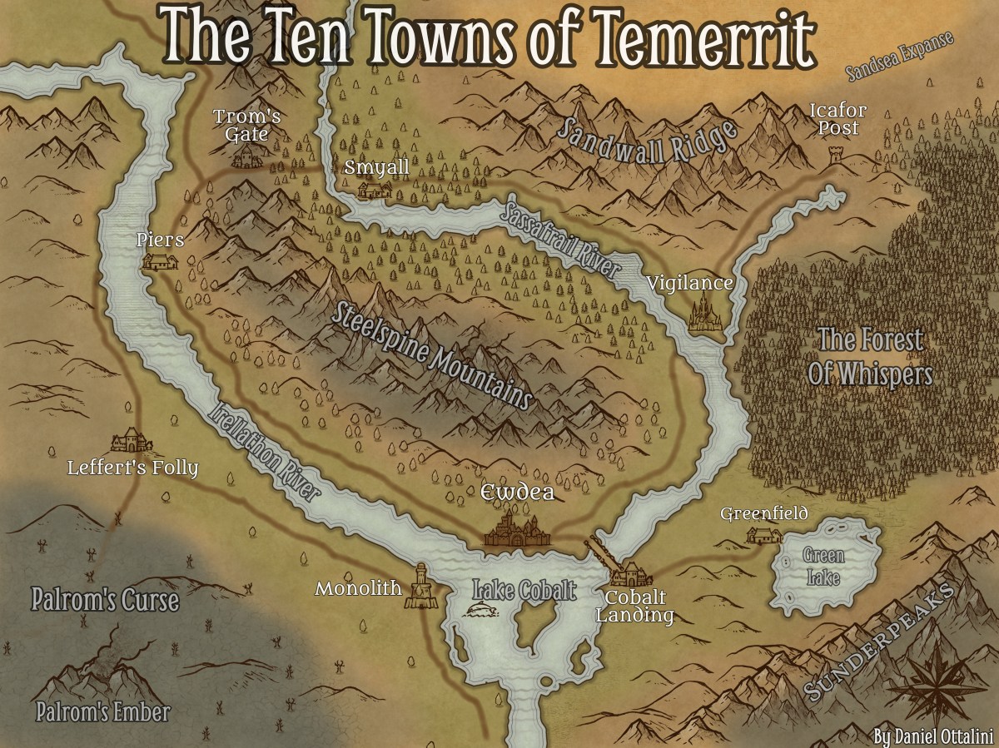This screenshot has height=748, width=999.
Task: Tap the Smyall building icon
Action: tap(375, 191)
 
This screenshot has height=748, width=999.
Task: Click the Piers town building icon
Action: tap(159, 262)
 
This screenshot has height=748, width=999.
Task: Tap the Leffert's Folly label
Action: tap(133, 468)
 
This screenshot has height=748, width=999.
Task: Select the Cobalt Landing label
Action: tap(639, 607)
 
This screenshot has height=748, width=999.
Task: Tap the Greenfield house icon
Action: tap(763, 534)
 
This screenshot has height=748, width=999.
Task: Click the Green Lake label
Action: tap(823, 567)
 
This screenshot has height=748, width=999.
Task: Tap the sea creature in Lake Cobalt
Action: tap(484, 612)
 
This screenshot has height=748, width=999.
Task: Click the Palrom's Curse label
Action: tap(105, 600)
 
